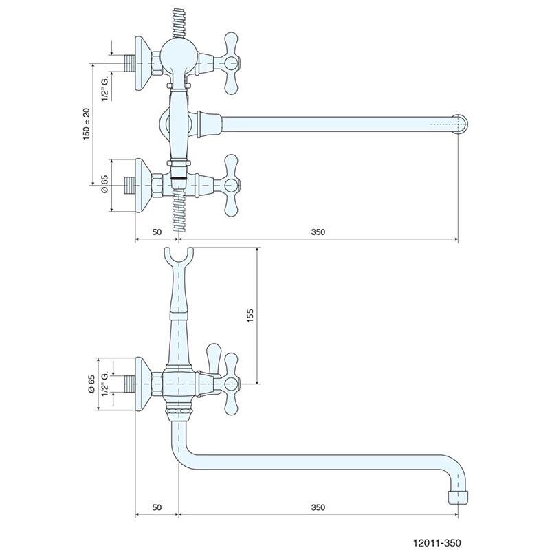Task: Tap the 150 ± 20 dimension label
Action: pyautogui.click(x=87, y=124)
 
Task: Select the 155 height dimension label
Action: pyautogui.click(x=250, y=314)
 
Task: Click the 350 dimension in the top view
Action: pyautogui.click(x=317, y=232)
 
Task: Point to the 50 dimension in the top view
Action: pyautogui.click(x=156, y=232)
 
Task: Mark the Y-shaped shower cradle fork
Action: pyautogui.click(x=178, y=258)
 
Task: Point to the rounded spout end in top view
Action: pyautogui.click(x=461, y=124)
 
